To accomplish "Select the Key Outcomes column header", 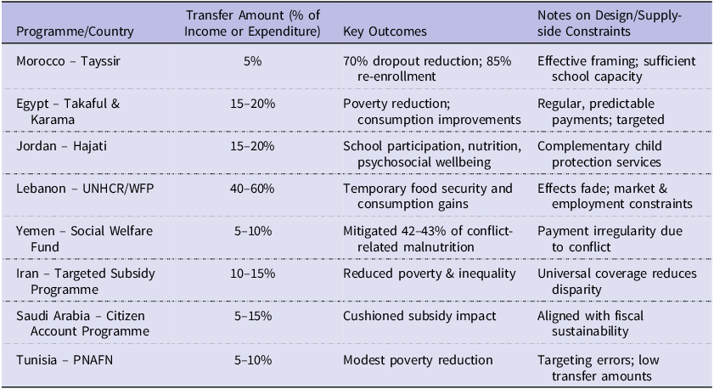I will pyautogui.click(x=385, y=31).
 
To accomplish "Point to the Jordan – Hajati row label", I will pyautogui.click(x=57, y=146).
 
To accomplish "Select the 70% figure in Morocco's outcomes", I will pyautogui.click(x=355, y=61).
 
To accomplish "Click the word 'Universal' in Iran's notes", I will pyautogui.click(x=563, y=273).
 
